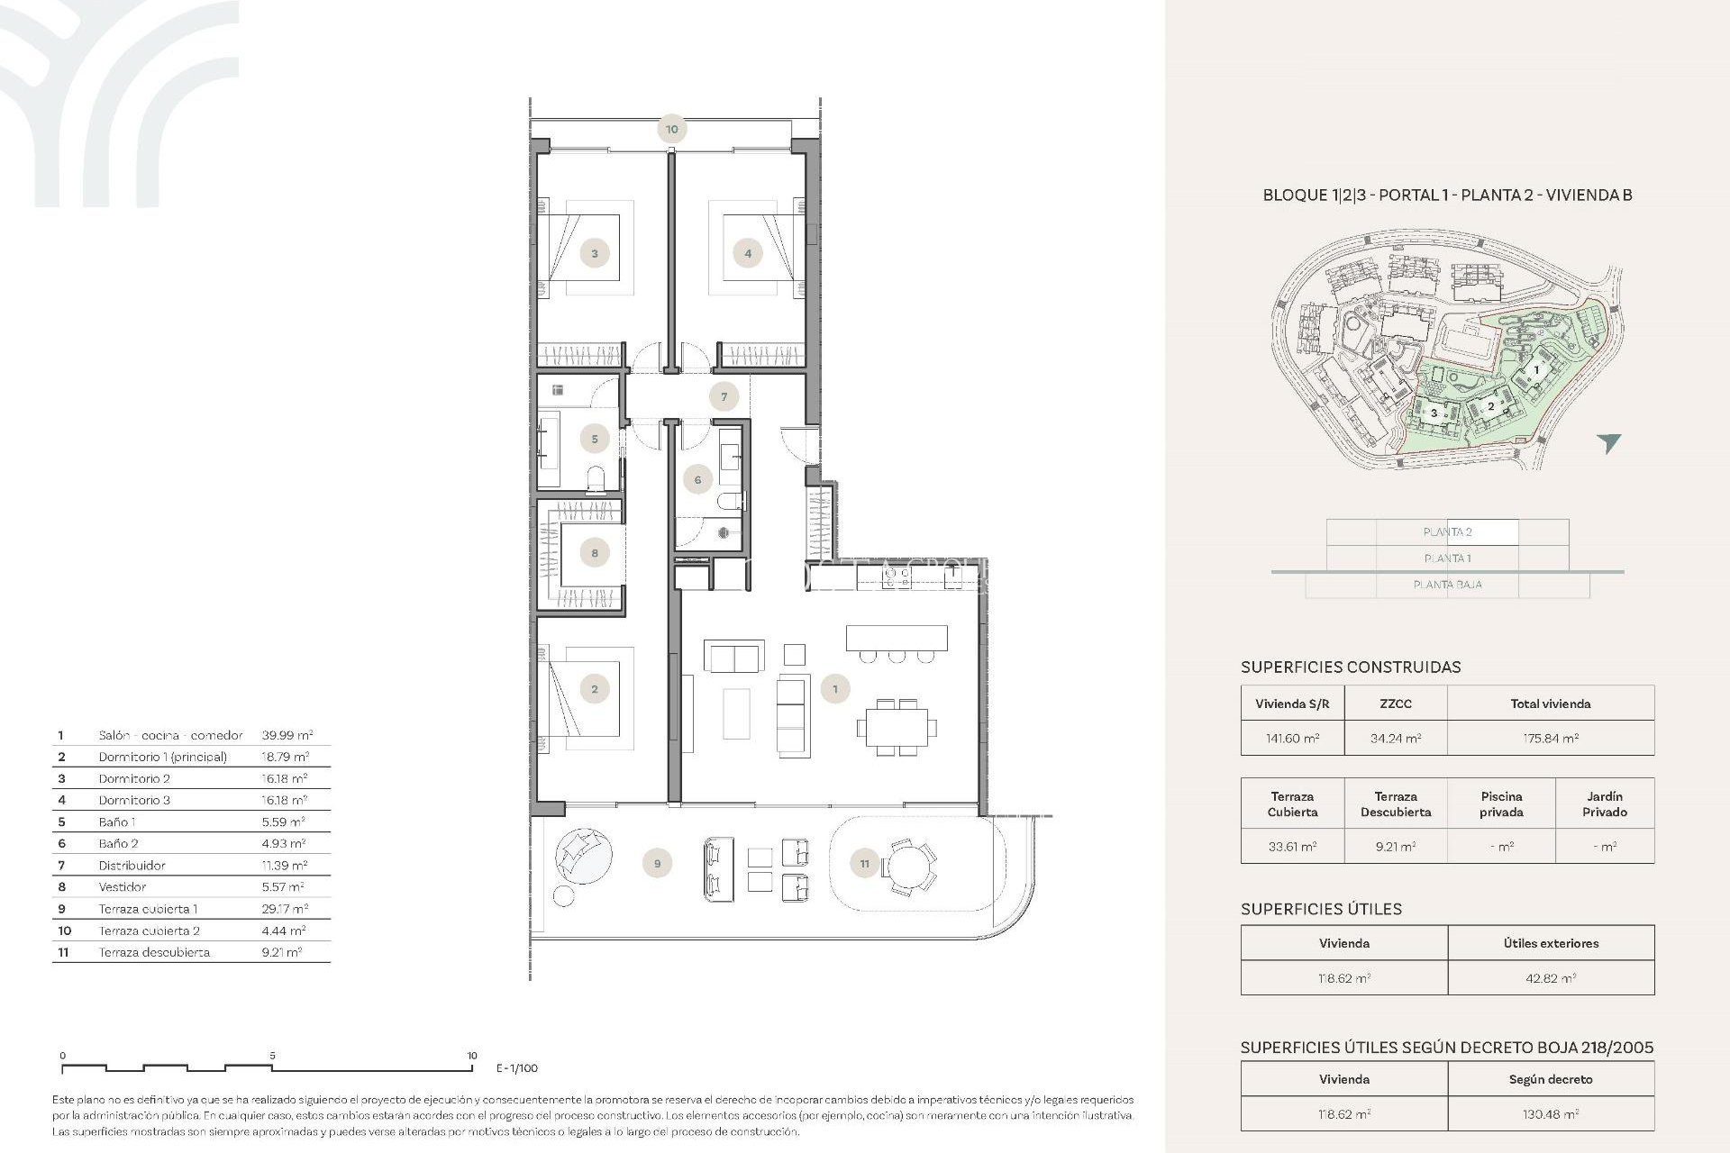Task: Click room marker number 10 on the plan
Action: point(671,129)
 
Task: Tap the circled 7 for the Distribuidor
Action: point(724,396)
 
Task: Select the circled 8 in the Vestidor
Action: point(595,553)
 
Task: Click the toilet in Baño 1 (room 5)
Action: point(596,478)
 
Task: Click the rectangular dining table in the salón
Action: point(897,726)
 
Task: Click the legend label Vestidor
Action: point(123,886)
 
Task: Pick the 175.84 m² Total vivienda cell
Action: point(1550,738)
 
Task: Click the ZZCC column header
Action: point(1395,704)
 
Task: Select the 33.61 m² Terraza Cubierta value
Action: point(1292,847)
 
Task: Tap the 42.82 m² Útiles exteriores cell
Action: point(1550,978)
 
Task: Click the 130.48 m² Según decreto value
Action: point(1550,1114)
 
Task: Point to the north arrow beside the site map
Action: point(1608,441)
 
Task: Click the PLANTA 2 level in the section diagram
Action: point(1447,532)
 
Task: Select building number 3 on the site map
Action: point(1434,413)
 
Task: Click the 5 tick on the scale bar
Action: point(272,1056)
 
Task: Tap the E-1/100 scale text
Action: point(517,1068)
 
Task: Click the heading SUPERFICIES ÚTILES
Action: point(1321,909)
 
